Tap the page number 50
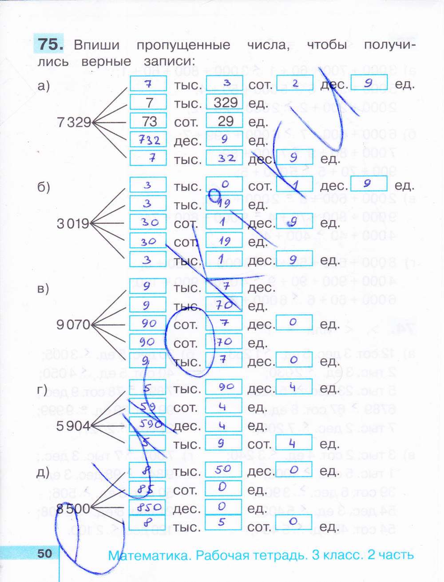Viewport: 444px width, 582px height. tap(45, 553)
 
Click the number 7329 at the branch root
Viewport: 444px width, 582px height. tap(74, 122)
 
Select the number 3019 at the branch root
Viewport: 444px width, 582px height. tap(73, 223)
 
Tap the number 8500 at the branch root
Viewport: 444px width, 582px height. tap(73, 508)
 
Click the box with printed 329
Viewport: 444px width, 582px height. tap(225, 102)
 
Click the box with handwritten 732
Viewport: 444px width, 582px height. tap(148, 140)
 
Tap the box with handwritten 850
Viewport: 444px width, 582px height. tap(148, 507)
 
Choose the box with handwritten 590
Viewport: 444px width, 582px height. tap(147, 424)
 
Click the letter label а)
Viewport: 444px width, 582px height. tap(44, 86)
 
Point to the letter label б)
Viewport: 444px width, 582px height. tap(44, 187)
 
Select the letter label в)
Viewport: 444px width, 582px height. tap(43, 289)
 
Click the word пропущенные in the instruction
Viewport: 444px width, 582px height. tap(183, 45)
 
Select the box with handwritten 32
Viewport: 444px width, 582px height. tap(225, 158)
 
